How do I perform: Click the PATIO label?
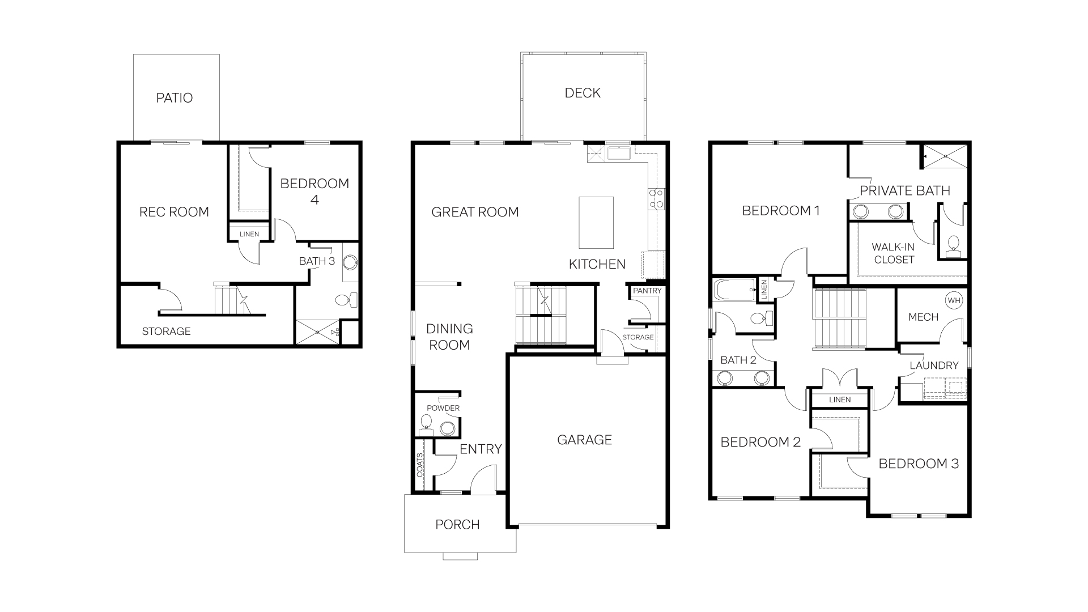click(x=175, y=98)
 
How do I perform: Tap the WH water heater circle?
click(x=954, y=300)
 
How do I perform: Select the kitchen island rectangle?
click(x=596, y=222)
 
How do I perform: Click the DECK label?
click(x=583, y=93)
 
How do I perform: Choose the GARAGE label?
click(x=584, y=440)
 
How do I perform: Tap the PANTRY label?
click(x=647, y=291)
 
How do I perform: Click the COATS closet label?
click(x=420, y=465)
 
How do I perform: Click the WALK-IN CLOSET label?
click(x=894, y=253)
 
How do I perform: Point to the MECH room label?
click(x=923, y=317)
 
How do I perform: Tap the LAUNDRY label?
click(x=934, y=365)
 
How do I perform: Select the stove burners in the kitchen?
click(x=656, y=199)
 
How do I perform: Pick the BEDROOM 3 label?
click(x=919, y=464)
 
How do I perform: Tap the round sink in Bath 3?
click(x=350, y=262)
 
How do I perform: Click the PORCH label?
click(x=457, y=525)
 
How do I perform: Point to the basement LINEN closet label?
click(x=249, y=234)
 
